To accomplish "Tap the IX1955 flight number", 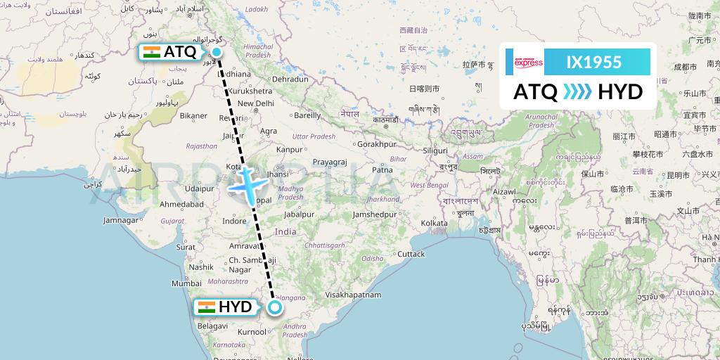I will tap(594, 63).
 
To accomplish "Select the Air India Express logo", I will tap(528, 63).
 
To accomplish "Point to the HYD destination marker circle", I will tap(275, 307).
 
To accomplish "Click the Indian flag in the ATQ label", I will tap(151, 51).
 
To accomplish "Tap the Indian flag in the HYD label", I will tap(206, 307).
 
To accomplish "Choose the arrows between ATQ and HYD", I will tap(578, 91).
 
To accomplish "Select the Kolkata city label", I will tap(434, 223).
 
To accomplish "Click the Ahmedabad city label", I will tap(181, 204).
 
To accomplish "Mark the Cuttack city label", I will tap(411, 254).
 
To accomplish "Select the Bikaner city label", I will tap(193, 115).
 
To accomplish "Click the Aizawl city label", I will tap(504, 191).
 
